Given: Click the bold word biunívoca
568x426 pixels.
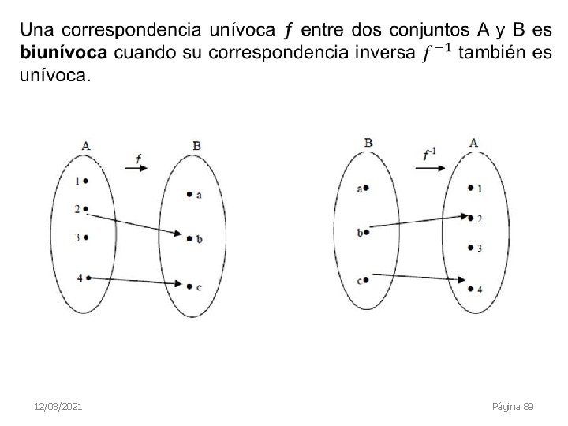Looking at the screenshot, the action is click(62, 54).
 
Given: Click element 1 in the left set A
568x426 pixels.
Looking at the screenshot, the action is click(81, 181).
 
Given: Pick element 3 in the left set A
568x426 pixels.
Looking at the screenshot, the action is click(81, 237).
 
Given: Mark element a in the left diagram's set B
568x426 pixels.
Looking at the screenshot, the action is click(194, 194).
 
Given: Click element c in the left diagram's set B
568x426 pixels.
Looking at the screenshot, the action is click(194, 287).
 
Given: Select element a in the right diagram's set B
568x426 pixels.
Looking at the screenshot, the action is click(363, 189).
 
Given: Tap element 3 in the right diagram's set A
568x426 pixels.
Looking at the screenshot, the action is click(474, 248).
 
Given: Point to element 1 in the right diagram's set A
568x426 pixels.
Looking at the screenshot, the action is click(474, 189).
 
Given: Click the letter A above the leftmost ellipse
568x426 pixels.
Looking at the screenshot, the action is click(85, 145).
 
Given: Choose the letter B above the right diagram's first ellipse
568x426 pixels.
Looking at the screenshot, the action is click(368, 142).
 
